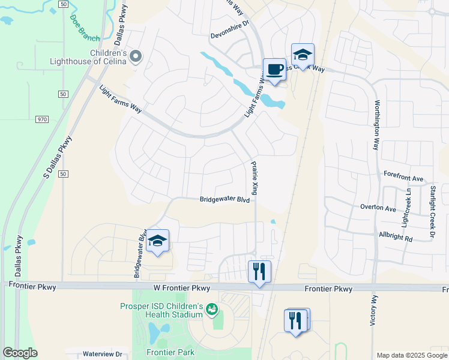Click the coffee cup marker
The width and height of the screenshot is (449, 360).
point(274,70)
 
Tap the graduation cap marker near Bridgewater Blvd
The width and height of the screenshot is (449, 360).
point(157,241)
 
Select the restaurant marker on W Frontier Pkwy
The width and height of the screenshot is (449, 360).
point(260,272)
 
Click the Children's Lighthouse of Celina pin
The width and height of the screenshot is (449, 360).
point(136,57)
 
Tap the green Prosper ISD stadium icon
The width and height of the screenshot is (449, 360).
point(211,310)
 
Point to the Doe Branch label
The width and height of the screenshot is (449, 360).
point(84,28)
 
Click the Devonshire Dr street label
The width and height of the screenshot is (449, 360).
point(233,35)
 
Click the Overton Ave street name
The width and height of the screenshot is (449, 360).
point(378,208)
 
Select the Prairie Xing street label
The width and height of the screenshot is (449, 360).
point(254,177)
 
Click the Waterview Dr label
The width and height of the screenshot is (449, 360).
point(102,354)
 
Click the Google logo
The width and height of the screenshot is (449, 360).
point(20,352)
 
